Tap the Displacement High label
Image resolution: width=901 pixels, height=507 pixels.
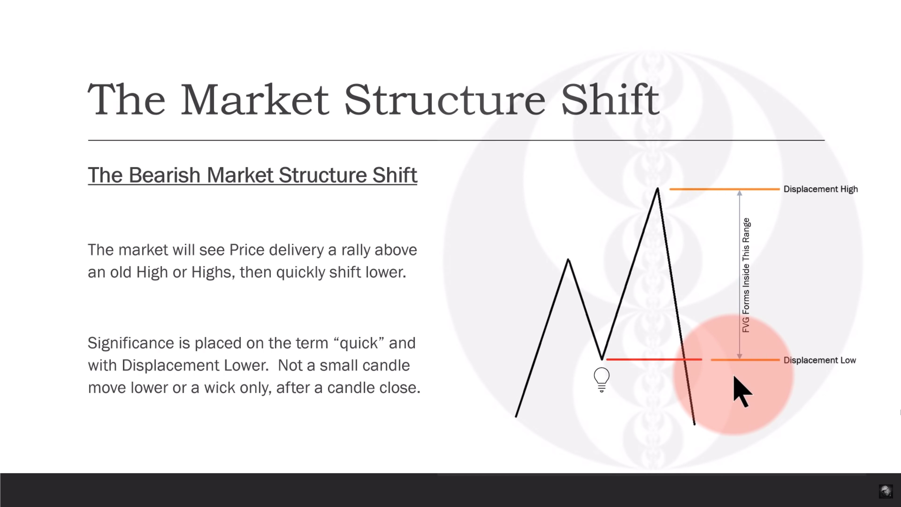click(x=821, y=189)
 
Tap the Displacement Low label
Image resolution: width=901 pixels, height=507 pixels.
click(x=820, y=360)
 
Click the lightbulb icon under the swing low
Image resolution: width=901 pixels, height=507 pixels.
click(x=602, y=380)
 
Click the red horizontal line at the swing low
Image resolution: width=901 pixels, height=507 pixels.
click(x=654, y=359)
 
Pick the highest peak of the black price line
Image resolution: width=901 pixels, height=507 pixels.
click(x=657, y=189)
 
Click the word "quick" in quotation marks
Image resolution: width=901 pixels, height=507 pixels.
click(x=359, y=343)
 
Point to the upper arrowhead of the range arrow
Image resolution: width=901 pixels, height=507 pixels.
click(x=739, y=193)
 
